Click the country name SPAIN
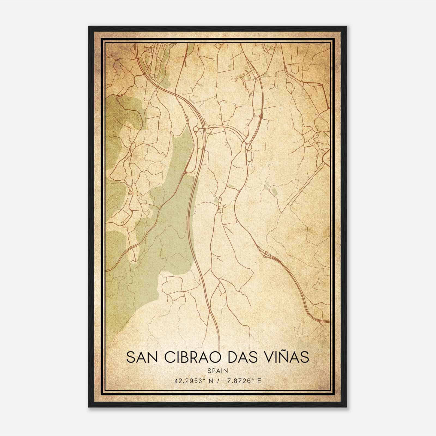pyautogui.click(x=218, y=371)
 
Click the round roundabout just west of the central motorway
pyautogui.click(x=196, y=129)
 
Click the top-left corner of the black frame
pyautogui.click(x=89, y=27)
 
